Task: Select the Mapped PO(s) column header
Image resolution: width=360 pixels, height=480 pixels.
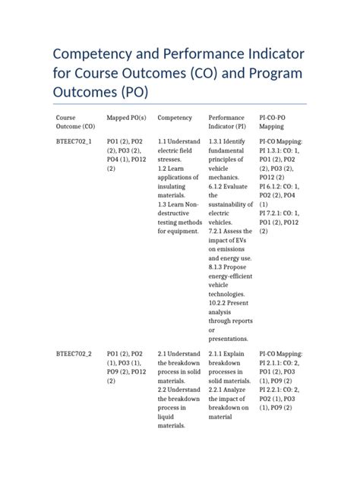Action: (x=127, y=118)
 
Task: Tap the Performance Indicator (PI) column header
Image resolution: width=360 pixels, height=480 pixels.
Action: (x=227, y=122)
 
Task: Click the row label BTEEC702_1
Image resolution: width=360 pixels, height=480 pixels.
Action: (x=74, y=141)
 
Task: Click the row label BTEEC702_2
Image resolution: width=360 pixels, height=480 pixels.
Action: (x=74, y=354)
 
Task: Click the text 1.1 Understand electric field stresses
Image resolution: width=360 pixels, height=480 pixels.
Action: (x=178, y=150)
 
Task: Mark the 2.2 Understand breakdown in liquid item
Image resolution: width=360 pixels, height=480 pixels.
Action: (x=178, y=408)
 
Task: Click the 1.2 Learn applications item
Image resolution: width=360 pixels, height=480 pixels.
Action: (x=178, y=182)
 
